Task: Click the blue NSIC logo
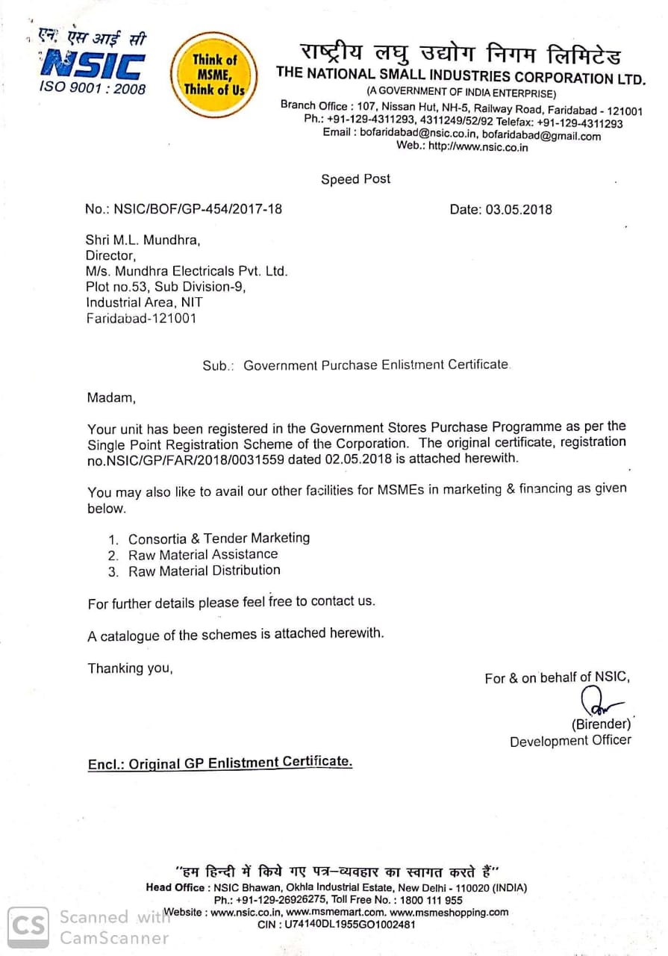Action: coord(93,65)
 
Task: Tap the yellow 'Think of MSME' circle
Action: coord(214,75)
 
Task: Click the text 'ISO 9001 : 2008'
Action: coord(93,90)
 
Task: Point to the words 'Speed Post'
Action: coord(355,179)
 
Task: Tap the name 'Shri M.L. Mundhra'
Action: coord(144,240)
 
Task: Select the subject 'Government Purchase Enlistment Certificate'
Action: coord(376,365)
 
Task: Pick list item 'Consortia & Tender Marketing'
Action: coord(219,538)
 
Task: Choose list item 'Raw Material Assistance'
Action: coord(203,554)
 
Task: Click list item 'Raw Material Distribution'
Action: coord(205,571)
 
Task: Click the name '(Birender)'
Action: coord(601,724)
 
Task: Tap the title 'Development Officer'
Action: coord(570,741)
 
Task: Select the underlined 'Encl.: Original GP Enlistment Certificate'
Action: coord(220,763)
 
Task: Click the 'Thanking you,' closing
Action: coord(130,668)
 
